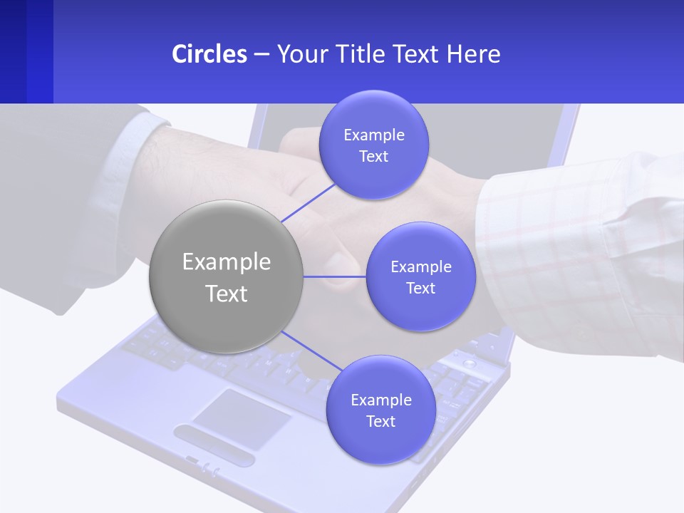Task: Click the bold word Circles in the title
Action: click(209, 54)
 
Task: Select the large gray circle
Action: click(227, 276)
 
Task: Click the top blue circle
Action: click(373, 145)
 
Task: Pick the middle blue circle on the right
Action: click(420, 276)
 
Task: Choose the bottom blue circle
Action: click(380, 410)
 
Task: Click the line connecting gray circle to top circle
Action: click(308, 202)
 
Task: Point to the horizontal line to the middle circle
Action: click(335, 276)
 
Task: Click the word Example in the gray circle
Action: click(227, 261)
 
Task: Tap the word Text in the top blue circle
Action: click(373, 156)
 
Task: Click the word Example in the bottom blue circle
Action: click(380, 400)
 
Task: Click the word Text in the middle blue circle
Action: click(420, 288)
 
